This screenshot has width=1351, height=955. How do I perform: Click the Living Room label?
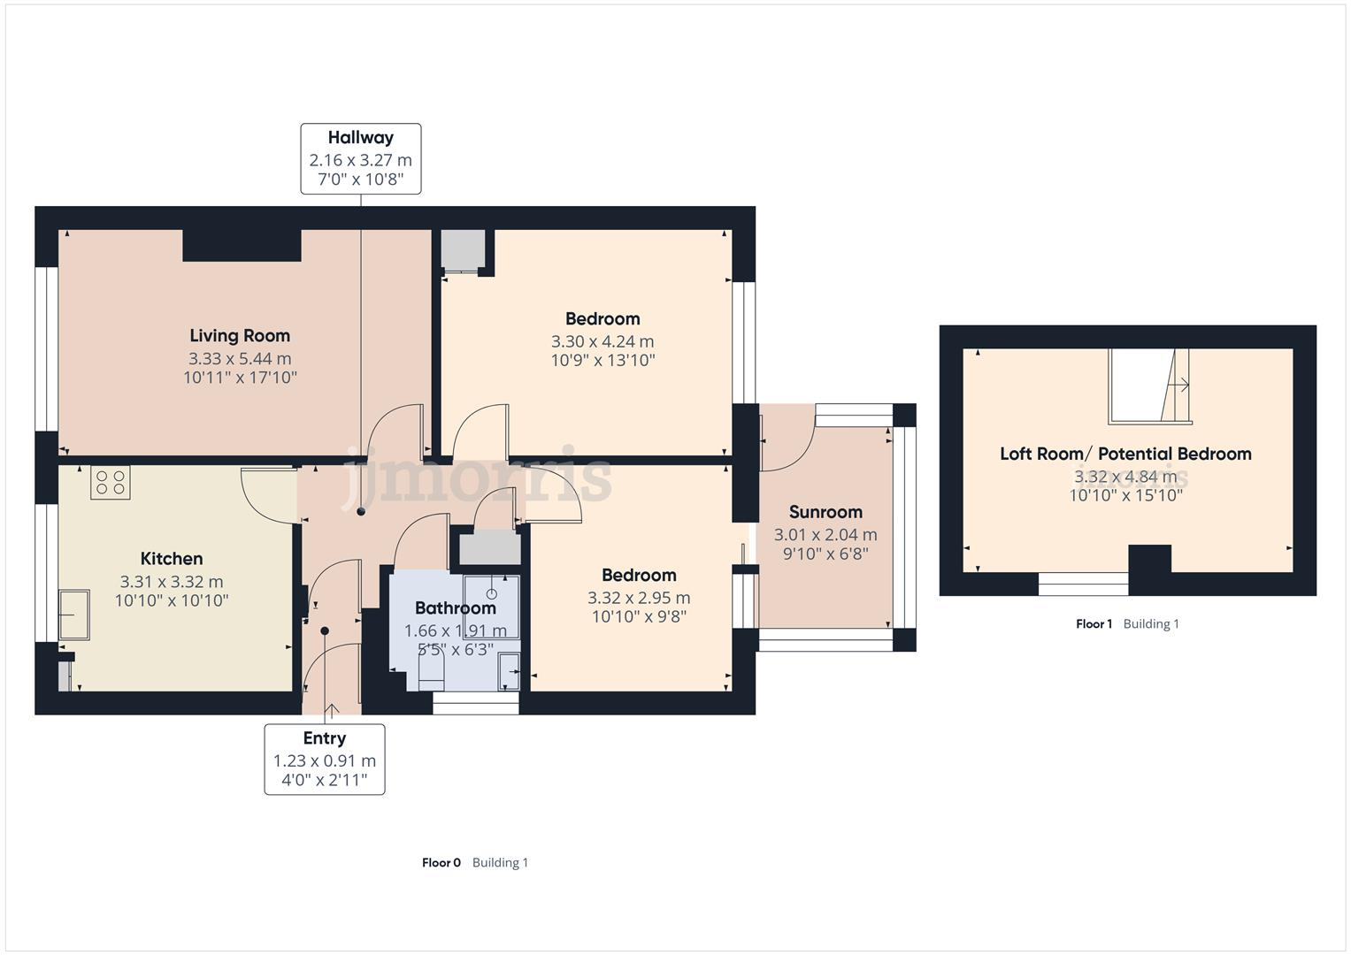click(x=240, y=336)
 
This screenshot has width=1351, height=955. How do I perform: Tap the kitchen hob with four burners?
click(x=111, y=483)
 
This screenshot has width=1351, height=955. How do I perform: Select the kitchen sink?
click(x=74, y=615)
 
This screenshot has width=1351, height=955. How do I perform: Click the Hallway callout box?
click(x=360, y=159)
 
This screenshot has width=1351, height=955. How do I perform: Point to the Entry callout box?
click(x=325, y=760)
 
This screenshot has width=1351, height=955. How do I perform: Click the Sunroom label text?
click(x=825, y=512)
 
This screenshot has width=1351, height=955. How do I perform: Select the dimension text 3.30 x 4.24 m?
click(x=603, y=341)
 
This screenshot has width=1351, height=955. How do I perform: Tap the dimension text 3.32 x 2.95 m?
click(x=639, y=598)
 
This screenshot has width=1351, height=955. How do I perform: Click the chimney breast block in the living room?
click(x=242, y=245)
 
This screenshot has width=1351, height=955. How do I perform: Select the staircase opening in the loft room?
click(x=1148, y=386)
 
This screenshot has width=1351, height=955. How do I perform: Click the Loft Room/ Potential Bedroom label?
click(x=1125, y=454)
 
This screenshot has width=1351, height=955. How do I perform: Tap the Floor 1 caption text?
click(x=1094, y=624)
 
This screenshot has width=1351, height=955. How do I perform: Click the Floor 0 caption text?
click(x=441, y=863)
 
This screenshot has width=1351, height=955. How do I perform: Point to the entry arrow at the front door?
click(x=332, y=709)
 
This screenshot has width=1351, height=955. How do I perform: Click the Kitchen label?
click(x=172, y=559)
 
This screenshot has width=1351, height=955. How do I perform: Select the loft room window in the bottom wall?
click(x=1083, y=584)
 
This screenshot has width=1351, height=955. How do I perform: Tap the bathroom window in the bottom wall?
click(x=475, y=703)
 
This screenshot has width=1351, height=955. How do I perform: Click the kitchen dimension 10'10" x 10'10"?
click(x=172, y=601)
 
